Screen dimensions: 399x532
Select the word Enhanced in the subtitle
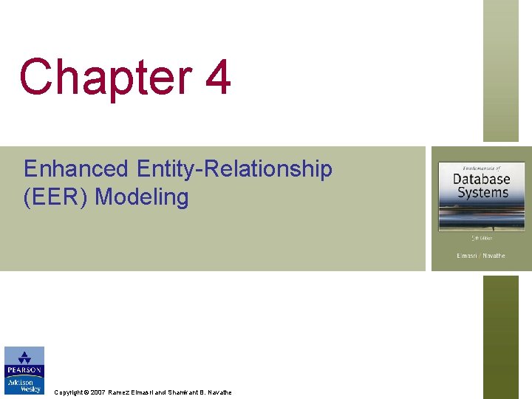75,169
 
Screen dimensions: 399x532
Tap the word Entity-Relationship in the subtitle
234,169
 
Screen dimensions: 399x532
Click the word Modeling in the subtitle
142,198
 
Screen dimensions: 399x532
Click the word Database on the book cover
481,180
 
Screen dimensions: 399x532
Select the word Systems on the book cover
482,193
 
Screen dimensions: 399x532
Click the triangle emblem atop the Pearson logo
24,357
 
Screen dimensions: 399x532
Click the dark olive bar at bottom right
501,337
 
